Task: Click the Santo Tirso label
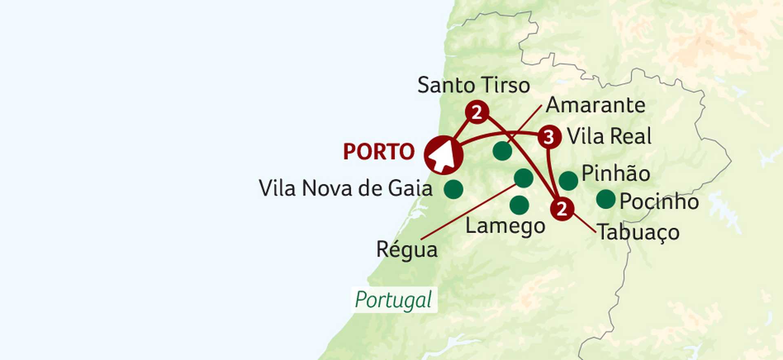click(473, 86)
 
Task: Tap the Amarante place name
click(595, 105)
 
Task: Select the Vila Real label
click(609, 136)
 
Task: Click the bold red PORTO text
click(379, 152)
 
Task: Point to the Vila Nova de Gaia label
click(345, 189)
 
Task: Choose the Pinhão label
click(616, 174)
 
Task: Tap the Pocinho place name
click(659, 201)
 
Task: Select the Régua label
click(407, 250)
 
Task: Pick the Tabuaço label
click(638, 233)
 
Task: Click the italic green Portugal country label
click(394, 300)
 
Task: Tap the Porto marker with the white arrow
click(444, 155)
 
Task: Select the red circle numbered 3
click(549, 137)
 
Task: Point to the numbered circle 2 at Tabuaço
click(562, 209)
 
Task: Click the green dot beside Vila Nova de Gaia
click(453, 189)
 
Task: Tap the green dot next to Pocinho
click(606, 199)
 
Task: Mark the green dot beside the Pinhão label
click(568, 181)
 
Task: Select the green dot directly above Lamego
click(519, 205)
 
